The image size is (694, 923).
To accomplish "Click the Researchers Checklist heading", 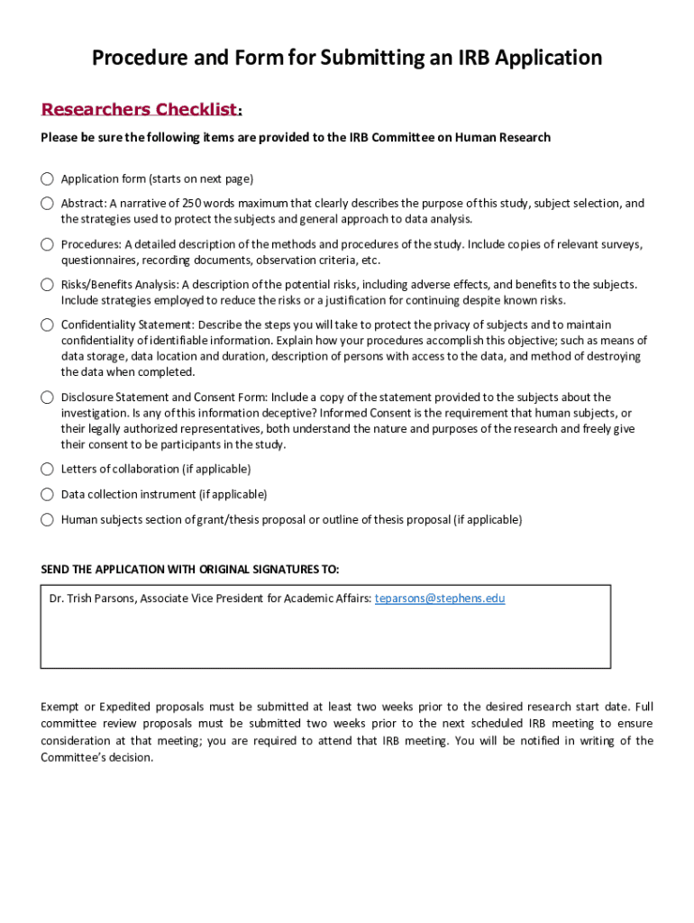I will [x=140, y=110].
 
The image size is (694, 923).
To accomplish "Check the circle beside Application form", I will [x=47, y=178].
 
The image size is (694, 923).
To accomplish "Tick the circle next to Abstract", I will [x=47, y=204].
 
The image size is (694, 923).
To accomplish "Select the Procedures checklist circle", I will [x=47, y=244].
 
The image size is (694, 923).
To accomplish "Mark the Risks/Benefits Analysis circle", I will [x=47, y=285].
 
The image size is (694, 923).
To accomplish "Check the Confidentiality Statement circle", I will [x=47, y=324].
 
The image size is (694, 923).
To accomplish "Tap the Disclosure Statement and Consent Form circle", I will [x=47, y=398].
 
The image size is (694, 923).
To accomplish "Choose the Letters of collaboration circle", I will [x=47, y=469].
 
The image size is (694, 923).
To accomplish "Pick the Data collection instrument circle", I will [x=47, y=494].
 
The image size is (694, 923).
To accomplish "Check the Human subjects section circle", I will [x=47, y=519].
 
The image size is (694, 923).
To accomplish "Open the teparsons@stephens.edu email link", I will [x=440, y=599].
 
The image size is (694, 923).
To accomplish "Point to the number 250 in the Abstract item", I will [x=193, y=204].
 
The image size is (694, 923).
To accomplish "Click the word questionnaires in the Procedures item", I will [x=97, y=260].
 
